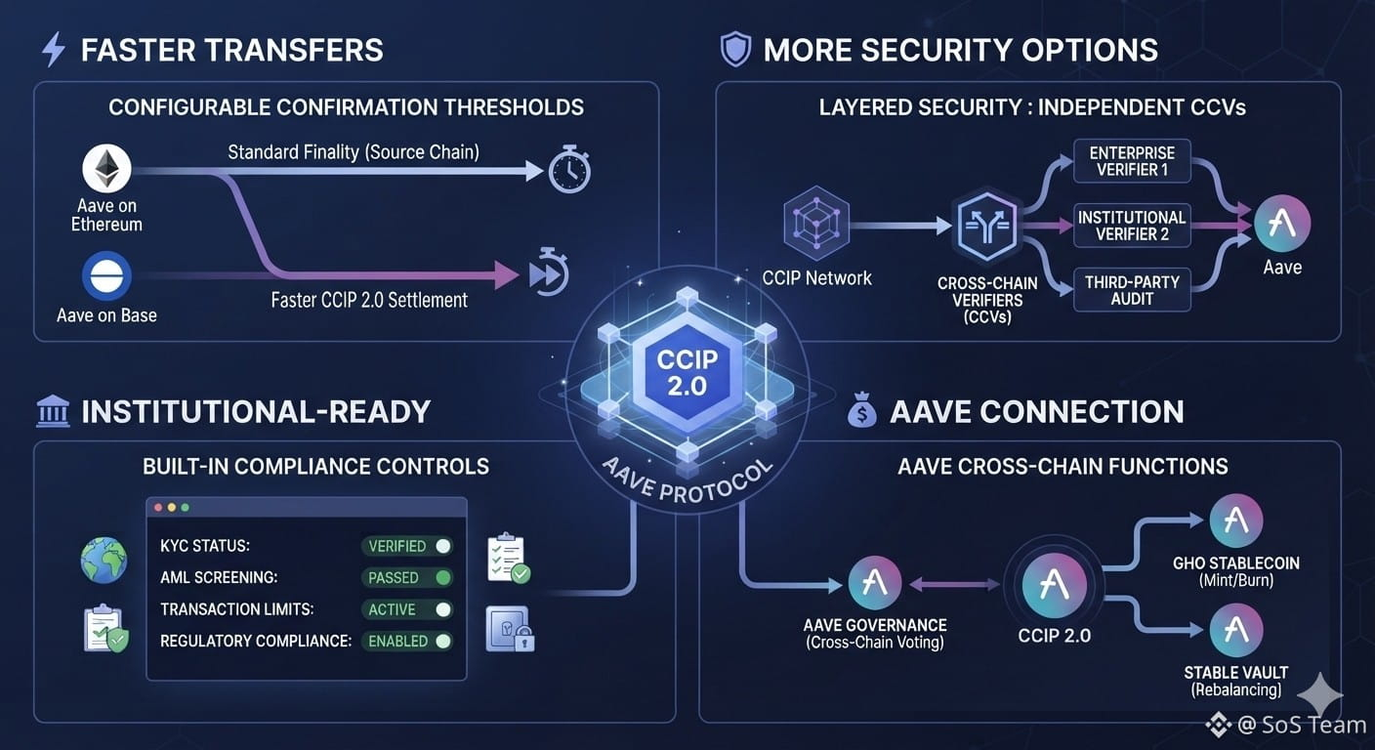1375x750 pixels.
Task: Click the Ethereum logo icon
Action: (106, 168)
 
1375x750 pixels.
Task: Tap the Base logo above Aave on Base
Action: (106, 275)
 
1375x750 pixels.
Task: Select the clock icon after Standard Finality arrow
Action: (569, 169)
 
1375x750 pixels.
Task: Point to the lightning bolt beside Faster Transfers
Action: (54, 49)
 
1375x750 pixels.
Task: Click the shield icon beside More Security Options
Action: (735, 49)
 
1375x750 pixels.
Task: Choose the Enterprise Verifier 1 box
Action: (1132, 161)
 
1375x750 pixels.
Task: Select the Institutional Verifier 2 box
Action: (1132, 226)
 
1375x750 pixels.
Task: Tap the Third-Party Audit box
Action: (1132, 290)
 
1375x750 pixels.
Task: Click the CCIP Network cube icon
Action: (816, 223)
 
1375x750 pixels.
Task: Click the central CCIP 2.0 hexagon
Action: (687, 372)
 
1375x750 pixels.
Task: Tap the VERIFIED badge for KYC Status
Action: (407, 546)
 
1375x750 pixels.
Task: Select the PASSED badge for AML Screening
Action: (407, 577)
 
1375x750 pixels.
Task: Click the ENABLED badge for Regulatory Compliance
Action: (407, 641)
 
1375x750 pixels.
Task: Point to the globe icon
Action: (104, 560)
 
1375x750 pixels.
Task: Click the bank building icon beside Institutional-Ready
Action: (53, 410)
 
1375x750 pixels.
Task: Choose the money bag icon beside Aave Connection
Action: (862, 409)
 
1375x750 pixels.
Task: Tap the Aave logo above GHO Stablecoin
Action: (1235, 521)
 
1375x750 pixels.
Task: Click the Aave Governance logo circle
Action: (875, 582)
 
